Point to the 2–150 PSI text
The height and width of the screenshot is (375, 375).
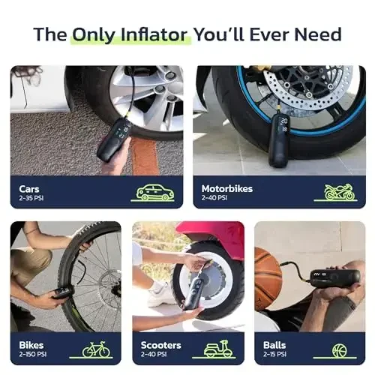(35, 354)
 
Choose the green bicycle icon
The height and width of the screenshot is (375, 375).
(95, 349)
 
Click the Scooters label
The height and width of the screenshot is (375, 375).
(160, 344)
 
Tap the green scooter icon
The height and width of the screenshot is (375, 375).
(218, 349)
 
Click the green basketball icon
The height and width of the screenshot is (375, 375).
(340, 349)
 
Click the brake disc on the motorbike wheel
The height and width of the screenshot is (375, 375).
(307, 89)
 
